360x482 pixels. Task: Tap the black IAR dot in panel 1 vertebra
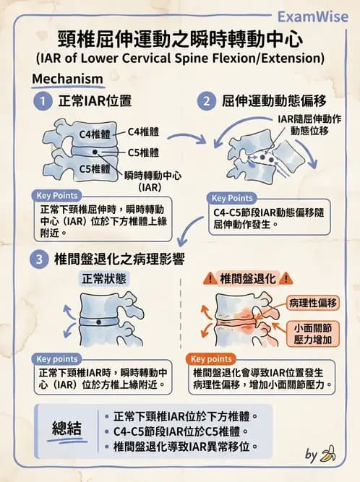[x=95, y=152]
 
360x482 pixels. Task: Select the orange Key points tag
[x=210, y=358]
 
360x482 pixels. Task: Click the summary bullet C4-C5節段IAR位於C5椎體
[x=181, y=431]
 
